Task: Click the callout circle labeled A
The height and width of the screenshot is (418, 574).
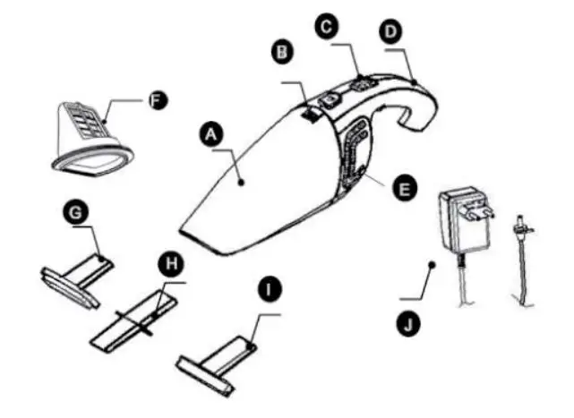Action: (x=211, y=134)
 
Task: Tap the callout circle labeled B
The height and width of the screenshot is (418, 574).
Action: (x=283, y=52)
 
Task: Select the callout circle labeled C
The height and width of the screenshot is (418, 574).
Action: (x=329, y=29)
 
